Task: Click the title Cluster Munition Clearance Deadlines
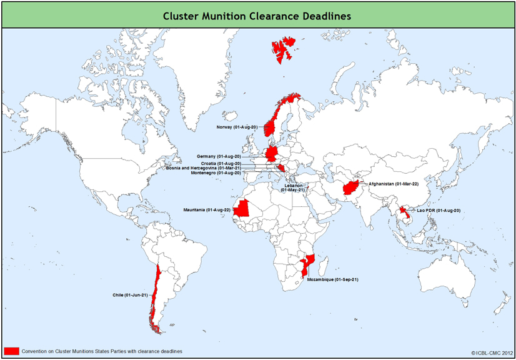[x=257, y=15]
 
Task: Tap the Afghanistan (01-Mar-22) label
[x=394, y=184]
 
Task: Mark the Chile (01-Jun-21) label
[x=130, y=294]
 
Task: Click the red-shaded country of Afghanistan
[x=349, y=187]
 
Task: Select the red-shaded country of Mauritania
[x=243, y=209]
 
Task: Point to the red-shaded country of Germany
[x=273, y=154]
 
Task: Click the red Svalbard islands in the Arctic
[x=284, y=49]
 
